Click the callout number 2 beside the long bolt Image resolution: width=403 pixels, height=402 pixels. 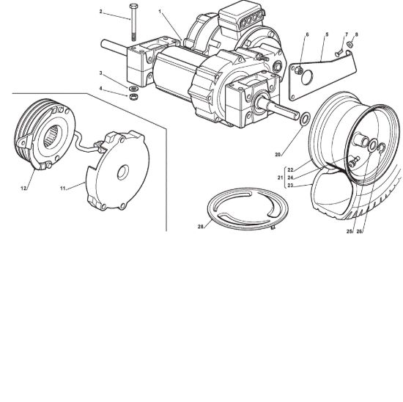pyautogui.click(x=101, y=12)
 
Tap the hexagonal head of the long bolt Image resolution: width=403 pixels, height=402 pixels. pyautogui.click(x=133, y=6)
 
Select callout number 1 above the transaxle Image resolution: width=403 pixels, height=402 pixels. pyautogui.click(x=160, y=12)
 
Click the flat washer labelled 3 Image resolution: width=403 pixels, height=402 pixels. pyautogui.click(x=133, y=89)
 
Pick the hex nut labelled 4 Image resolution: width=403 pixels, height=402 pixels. pyautogui.click(x=133, y=97)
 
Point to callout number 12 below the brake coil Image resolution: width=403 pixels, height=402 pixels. pyautogui.click(x=23, y=189)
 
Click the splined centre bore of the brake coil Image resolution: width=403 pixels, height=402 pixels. pyautogui.click(x=53, y=136)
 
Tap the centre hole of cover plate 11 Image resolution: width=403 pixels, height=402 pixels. pyautogui.click(x=123, y=172)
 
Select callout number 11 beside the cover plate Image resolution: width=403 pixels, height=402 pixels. pyautogui.click(x=63, y=189)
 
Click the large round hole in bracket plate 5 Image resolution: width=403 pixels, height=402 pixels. pyautogui.click(x=307, y=78)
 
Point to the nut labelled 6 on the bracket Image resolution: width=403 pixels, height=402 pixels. pyautogui.click(x=298, y=70)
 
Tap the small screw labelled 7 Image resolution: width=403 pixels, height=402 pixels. pyautogui.click(x=339, y=54)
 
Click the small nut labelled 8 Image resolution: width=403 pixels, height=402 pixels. pyautogui.click(x=350, y=45)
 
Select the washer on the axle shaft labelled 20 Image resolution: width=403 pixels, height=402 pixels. pyautogui.click(x=305, y=119)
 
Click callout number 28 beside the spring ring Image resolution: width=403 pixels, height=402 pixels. pyautogui.click(x=201, y=227)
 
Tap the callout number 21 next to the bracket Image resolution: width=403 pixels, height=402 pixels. pyautogui.click(x=280, y=178)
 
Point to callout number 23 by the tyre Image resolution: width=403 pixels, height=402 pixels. pyautogui.click(x=290, y=185)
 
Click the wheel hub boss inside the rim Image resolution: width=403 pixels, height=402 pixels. pyautogui.click(x=361, y=140)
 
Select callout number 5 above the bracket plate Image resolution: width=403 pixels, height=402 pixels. pyautogui.click(x=327, y=34)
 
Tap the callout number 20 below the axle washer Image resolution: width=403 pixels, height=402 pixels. pyautogui.click(x=278, y=155)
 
